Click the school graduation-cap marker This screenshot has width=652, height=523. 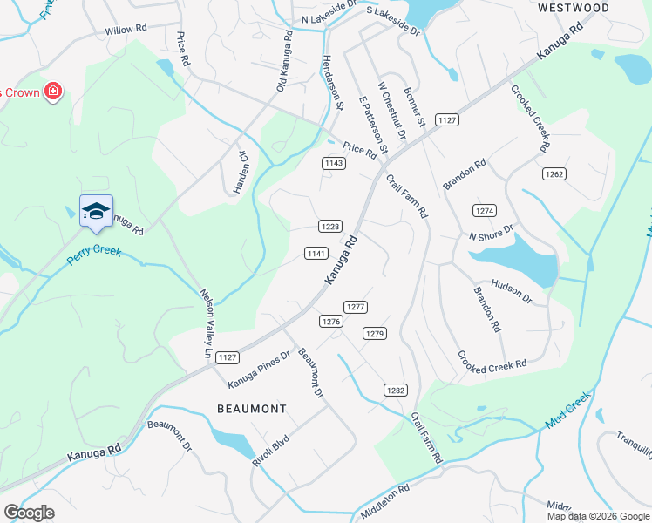pyautogui.click(x=96, y=211)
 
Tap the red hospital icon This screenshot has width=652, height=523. pyautogui.click(x=53, y=91)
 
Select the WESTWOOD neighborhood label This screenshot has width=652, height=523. pyautogui.click(x=573, y=8)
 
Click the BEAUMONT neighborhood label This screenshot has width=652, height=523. pyautogui.click(x=251, y=408)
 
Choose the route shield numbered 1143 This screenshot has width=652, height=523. pyautogui.click(x=332, y=163)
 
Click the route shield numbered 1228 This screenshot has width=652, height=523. pyautogui.click(x=329, y=226)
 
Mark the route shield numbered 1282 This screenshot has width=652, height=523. pyautogui.click(x=396, y=390)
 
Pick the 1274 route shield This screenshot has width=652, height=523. pyautogui.click(x=485, y=211)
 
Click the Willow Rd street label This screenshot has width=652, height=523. pyautogui.click(x=124, y=31)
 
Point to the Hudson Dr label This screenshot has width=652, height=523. pyautogui.click(x=511, y=291)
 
